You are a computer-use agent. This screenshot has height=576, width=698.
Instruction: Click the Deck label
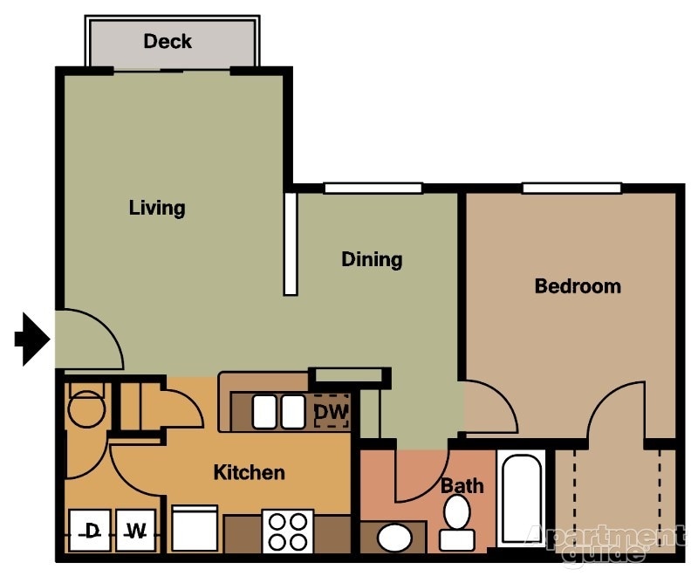pyautogui.click(x=168, y=41)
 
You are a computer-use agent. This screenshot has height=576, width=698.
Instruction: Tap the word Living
pyautogui.click(x=157, y=208)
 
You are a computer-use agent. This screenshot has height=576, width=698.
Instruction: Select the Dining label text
pyautogui.click(x=372, y=259)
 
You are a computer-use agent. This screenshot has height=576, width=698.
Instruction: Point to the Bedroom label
pyautogui.click(x=578, y=286)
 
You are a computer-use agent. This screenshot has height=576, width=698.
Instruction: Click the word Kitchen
pyautogui.click(x=250, y=473)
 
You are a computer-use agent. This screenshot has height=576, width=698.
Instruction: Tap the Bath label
pyautogui.click(x=462, y=485)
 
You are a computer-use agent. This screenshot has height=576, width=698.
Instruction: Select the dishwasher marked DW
pyautogui.click(x=331, y=412)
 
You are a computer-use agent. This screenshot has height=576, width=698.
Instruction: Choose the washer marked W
pyautogui.click(x=134, y=530)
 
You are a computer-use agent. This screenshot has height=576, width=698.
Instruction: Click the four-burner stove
pyautogui.click(x=289, y=531)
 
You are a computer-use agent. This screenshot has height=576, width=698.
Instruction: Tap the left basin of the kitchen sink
pyautogui.click(x=265, y=412)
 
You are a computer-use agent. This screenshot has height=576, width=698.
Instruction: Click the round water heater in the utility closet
pyautogui.click(x=86, y=407)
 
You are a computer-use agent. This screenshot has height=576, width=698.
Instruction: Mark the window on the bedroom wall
pyautogui.click(x=571, y=188)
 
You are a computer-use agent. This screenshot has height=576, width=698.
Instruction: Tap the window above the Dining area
pyautogui.click(x=373, y=188)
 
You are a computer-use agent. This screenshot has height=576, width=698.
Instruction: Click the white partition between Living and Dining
pyautogui.click(x=291, y=244)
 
